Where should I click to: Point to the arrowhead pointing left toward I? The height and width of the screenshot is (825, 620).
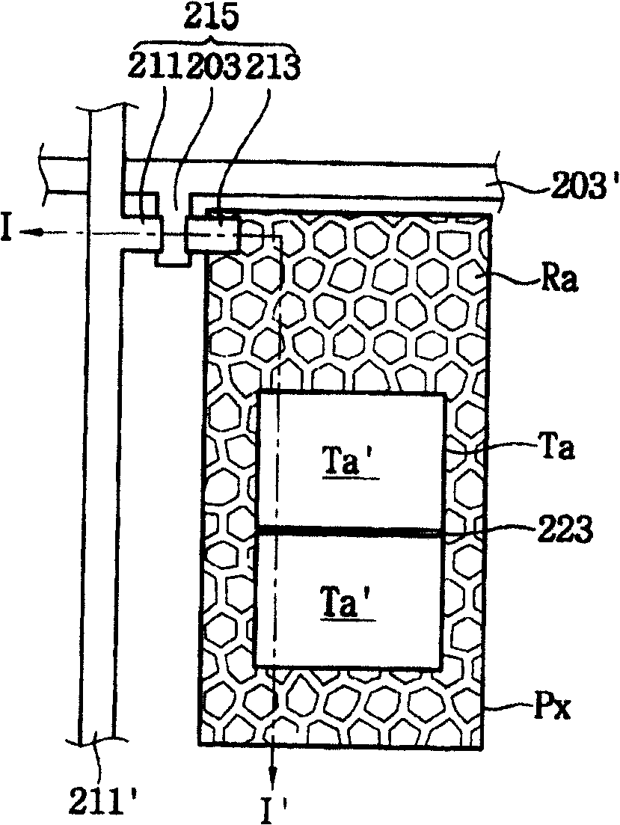pyautogui.click(x=28, y=232)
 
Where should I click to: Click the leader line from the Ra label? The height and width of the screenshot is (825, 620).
pyautogui.click(x=516, y=278)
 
